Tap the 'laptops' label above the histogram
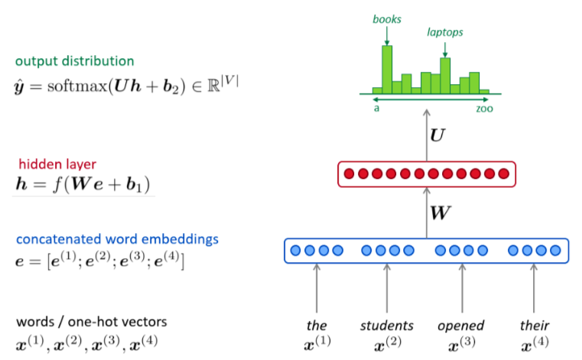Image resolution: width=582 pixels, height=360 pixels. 445,33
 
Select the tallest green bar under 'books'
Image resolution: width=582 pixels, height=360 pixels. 387,69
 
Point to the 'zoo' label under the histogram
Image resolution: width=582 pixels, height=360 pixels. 485,109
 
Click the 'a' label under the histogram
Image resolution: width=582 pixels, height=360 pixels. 376,109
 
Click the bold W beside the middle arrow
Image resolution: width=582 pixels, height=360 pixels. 440,212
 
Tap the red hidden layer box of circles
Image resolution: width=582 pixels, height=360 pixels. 426,174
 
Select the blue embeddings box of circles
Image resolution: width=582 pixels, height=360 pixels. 426,251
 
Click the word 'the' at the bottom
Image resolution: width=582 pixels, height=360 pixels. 316,325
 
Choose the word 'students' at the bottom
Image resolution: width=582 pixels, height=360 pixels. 386,325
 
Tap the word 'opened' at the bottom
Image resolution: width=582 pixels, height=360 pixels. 461,325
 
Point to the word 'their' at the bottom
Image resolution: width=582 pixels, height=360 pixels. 533,325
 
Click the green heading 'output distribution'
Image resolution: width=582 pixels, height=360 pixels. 74,60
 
